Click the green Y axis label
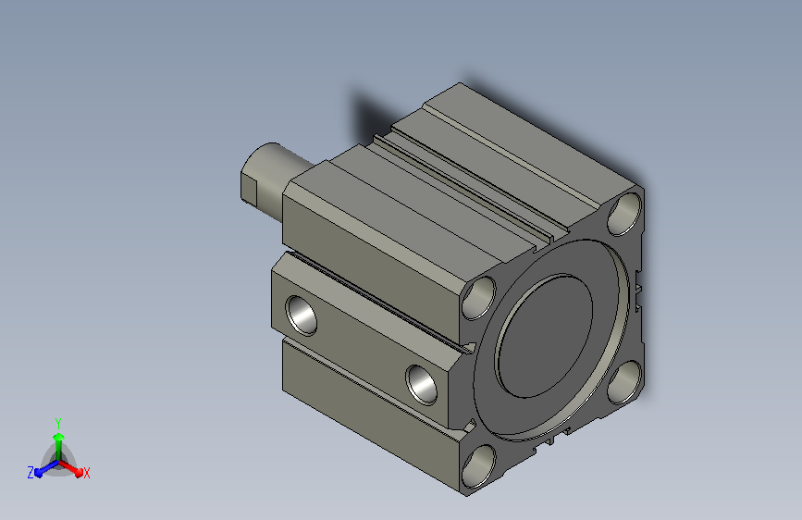(58, 423)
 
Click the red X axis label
(86, 473)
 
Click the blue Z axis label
(31, 473)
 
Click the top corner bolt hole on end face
(624, 214)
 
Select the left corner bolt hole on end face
(479, 298)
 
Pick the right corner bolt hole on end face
(625, 382)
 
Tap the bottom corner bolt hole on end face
(479, 466)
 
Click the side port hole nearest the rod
(302, 316)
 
